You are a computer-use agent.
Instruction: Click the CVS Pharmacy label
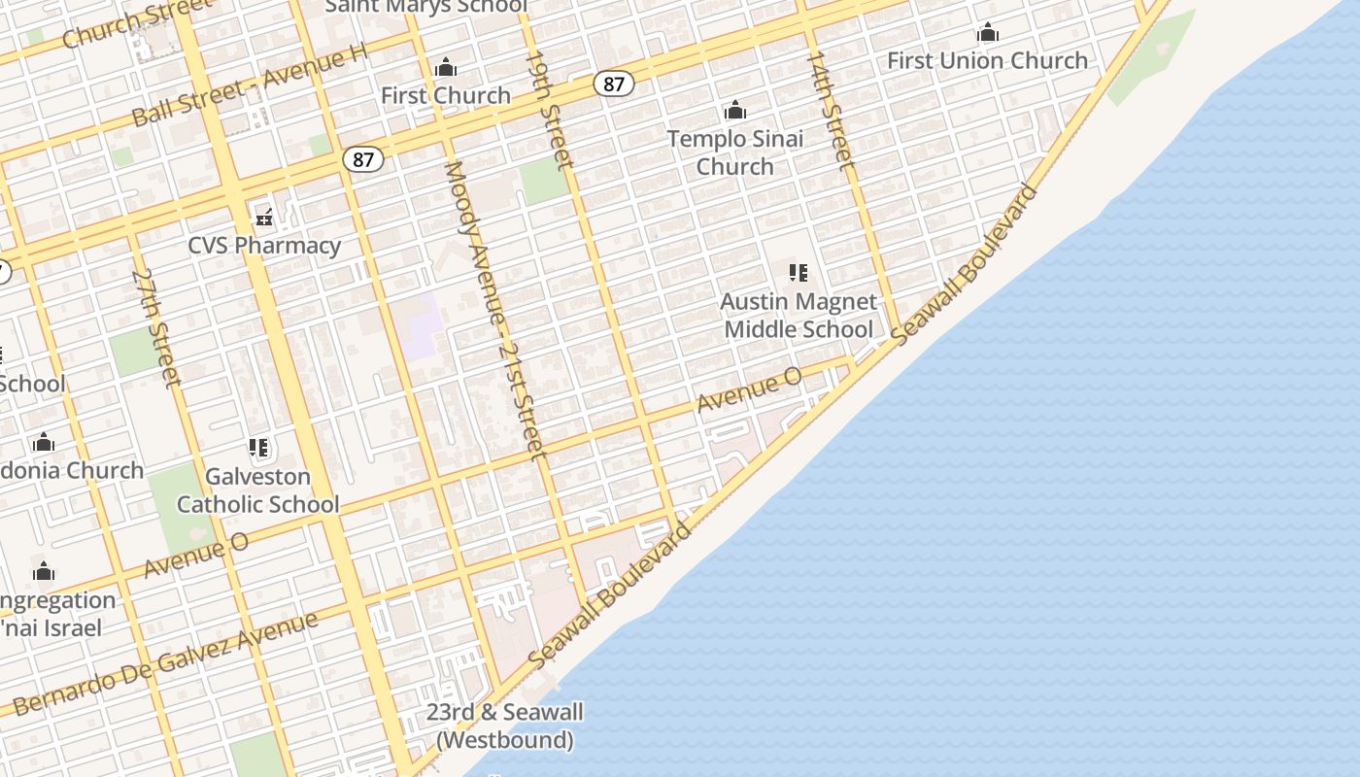coord(264,245)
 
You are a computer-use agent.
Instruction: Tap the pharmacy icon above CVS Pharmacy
coord(264,216)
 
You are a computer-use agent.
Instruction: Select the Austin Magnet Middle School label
coord(799,316)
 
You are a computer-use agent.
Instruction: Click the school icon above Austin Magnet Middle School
coord(799,273)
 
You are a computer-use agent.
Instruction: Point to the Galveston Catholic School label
coord(257,490)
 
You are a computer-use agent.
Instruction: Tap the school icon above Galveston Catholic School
coord(258,448)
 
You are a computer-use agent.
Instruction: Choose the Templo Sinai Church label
coord(735,152)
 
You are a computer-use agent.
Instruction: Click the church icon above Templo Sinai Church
coord(735,110)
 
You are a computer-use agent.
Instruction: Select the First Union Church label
coord(987,60)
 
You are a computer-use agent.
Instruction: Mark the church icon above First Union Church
coord(988,33)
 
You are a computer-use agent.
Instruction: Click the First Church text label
coord(446,95)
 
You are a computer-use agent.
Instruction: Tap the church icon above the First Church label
coord(446,68)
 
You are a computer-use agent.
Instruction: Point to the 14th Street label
coord(831,110)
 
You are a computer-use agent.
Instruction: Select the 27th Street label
coord(156,327)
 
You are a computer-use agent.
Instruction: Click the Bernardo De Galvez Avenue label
coord(165,664)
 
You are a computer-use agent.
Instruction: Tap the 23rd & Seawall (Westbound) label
coord(505,726)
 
